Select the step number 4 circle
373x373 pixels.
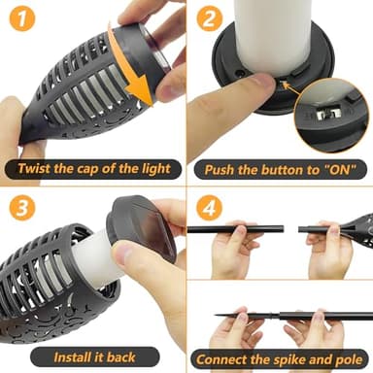[x=208, y=208]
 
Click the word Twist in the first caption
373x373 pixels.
[x=36, y=169]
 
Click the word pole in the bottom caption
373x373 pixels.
[x=347, y=356]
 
